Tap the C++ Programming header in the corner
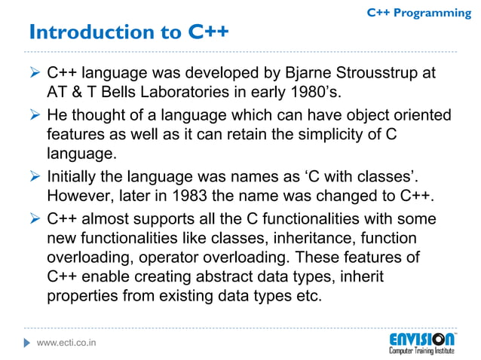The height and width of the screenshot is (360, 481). pos(418,13)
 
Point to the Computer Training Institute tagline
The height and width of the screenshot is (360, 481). pos(422,351)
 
